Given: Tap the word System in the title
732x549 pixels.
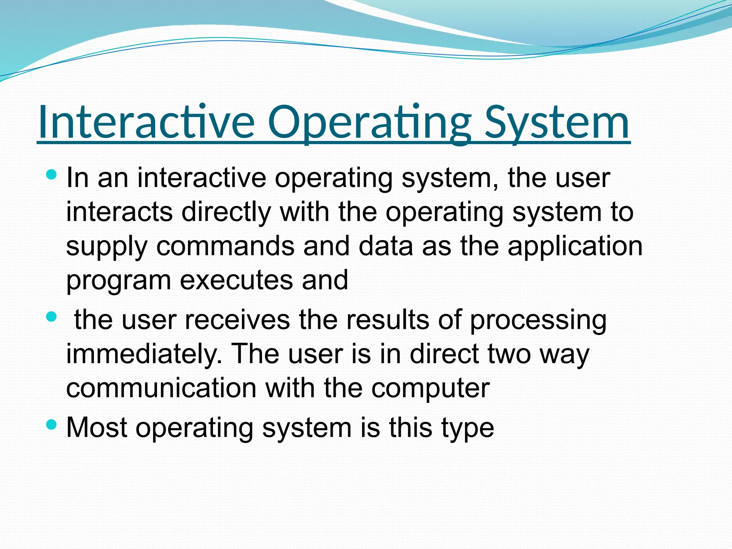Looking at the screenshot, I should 557,122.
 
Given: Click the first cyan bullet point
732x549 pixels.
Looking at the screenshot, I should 51,175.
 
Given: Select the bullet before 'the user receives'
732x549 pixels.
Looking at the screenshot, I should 51,317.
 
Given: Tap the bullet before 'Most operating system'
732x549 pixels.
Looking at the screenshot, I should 51,425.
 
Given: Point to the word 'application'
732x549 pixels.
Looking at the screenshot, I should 575,247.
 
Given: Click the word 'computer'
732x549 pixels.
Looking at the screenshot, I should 430,389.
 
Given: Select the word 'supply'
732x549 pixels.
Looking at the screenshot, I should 107,247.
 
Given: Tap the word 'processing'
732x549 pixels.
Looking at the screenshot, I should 538,320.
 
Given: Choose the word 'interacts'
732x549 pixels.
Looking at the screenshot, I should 119,212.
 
